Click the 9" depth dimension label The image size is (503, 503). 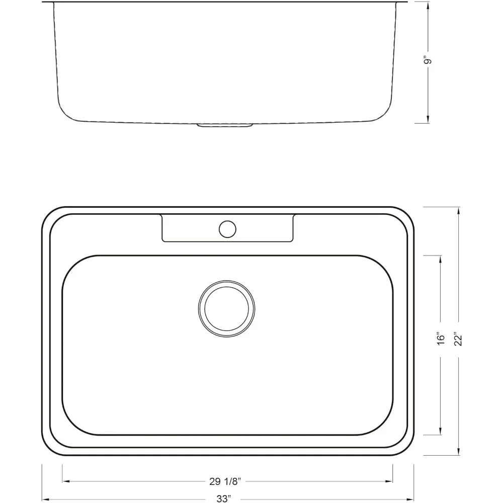428,61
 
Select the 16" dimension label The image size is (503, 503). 441,338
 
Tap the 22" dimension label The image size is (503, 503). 458,338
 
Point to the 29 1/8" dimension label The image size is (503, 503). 226,481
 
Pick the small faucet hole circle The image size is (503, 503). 227,229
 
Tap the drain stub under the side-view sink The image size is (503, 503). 225,125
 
